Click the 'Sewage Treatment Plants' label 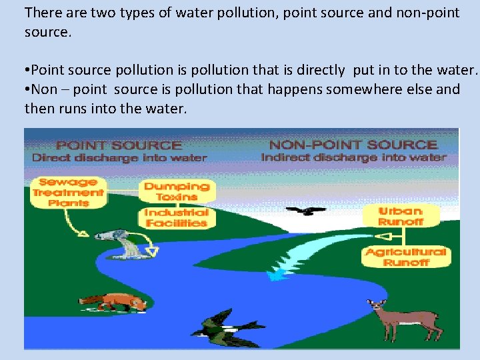68,192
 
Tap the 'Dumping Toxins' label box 177,192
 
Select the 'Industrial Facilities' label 177,218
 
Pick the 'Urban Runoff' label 401,215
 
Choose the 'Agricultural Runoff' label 405,257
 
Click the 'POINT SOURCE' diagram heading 119,145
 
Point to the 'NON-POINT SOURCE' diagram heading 353,145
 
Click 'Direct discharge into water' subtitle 119,158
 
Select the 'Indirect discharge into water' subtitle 353,158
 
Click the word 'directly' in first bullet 321,69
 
